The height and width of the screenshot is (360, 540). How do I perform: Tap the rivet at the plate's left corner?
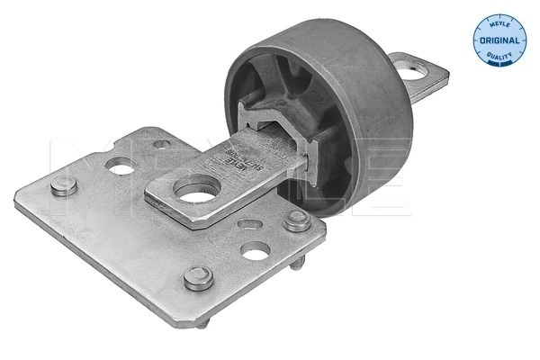point(61,188)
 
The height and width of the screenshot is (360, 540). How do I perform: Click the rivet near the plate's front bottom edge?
point(199,277)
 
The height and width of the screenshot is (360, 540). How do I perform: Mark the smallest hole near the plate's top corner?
point(158,144)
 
